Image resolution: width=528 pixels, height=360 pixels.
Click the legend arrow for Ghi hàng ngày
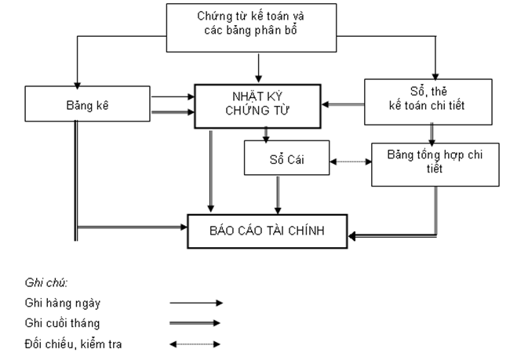[x=197, y=302]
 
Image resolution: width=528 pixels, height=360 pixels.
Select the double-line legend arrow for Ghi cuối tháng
[x=197, y=322]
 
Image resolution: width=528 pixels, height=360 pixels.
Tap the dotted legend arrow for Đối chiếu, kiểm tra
[x=197, y=344]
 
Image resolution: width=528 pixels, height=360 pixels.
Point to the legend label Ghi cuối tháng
[x=62, y=322]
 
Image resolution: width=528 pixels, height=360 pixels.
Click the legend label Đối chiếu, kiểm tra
[x=73, y=344]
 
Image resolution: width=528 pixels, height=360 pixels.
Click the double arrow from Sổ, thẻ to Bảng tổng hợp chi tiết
[x=432, y=133]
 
